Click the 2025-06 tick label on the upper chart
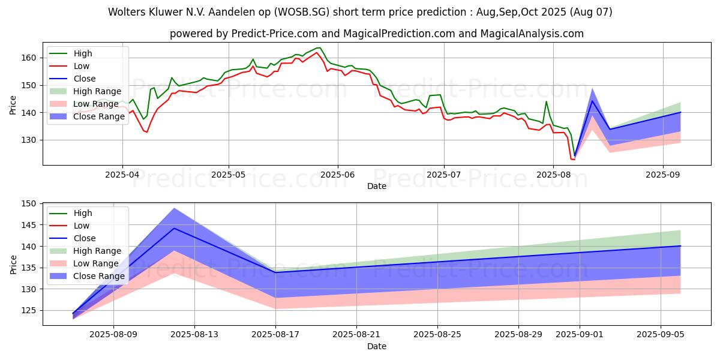pos(338,175)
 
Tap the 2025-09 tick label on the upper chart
pos(663,175)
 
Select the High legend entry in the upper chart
pos(82,53)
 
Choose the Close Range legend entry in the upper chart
pos(98,116)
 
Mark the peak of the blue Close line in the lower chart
pos(174,228)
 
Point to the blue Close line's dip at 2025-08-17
pos(275,272)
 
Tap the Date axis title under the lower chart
pos(376,346)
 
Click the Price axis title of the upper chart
pos(13,105)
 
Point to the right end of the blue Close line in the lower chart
pos(680,246)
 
